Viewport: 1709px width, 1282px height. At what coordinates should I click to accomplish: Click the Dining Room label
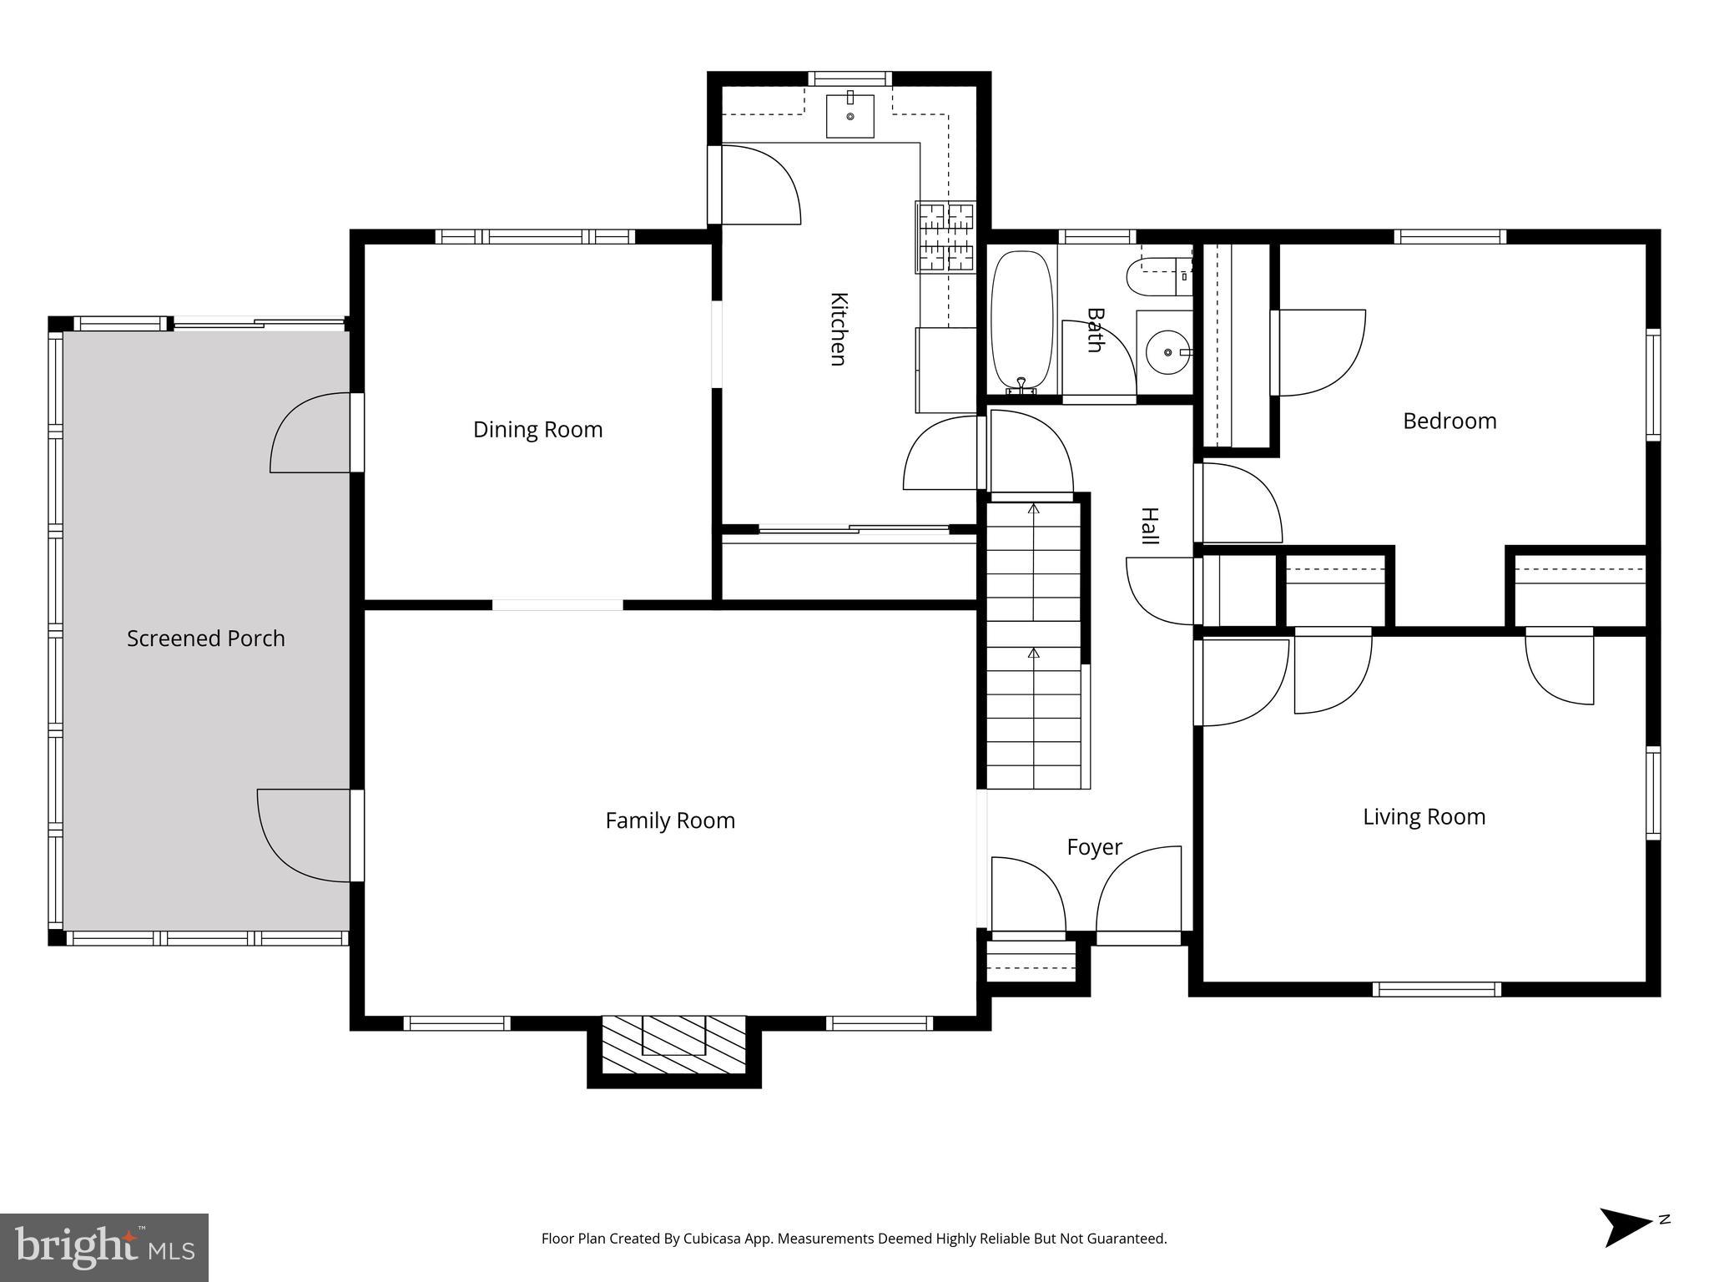(537, 430)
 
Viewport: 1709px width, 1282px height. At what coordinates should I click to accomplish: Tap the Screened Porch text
(205, 638)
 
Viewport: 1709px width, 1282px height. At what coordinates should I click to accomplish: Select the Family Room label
(670, 821)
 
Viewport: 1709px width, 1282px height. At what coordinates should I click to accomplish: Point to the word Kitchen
(839, 329)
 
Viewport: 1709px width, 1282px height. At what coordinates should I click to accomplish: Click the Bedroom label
(1449, 421)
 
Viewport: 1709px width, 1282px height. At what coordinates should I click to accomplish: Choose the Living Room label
(1424, 817)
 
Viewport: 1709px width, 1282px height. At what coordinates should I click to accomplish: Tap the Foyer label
(1094, 848)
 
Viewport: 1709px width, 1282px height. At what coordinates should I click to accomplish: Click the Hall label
(1150, 526)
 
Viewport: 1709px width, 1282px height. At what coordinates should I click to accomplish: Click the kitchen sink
(849, 116)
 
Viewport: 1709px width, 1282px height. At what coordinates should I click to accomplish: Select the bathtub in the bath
(1021, 321)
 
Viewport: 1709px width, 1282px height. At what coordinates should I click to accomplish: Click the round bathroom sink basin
(1165, 353)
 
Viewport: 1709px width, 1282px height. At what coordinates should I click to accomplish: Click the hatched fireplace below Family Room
(673, 1044)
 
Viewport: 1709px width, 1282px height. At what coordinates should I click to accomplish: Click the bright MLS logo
(103, 1248)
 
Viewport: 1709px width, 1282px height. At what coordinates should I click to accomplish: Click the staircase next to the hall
(1034, 643)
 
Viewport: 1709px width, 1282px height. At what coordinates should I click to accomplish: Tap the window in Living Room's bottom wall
(1436, 990)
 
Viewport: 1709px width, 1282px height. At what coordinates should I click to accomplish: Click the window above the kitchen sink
(849, 78)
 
